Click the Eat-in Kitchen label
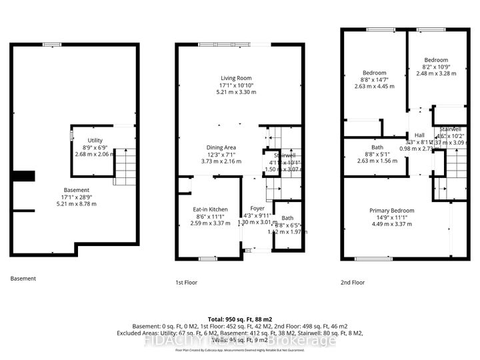(209, 209)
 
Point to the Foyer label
(257, 209)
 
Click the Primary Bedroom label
(392, 211)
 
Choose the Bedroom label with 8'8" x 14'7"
(374, 73)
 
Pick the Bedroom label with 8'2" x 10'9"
(435, 60)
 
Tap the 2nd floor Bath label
(377, 147)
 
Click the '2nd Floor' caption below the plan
(353, 283)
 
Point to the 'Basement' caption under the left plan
(23, 279)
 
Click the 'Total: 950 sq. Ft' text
(239, 318)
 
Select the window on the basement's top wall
(51, 45)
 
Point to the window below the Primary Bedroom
(373, 259)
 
